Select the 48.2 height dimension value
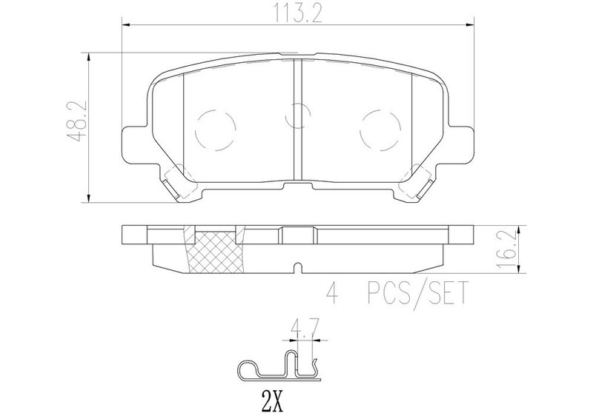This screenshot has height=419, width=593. (x=78, y=121)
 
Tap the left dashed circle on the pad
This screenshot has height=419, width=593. (x=215, y=130)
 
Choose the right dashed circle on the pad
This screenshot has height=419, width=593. (x=380, y=130)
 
